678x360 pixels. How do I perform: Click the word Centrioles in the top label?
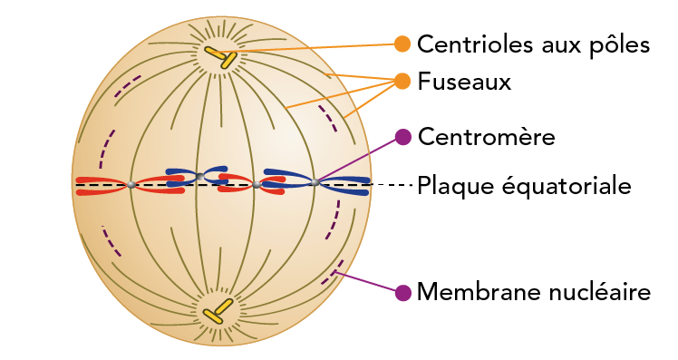click(x=477, y=44)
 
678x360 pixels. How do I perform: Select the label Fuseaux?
click(x=464, y=82)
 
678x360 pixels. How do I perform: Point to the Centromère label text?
click(x=486, y=137)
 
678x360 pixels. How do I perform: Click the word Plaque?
click(x=451, y=186)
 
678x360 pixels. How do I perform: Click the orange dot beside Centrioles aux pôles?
click(x=402, y=44)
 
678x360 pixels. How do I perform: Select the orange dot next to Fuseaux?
click(x=402, y=81)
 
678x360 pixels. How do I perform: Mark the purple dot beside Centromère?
click(x=402, y=137)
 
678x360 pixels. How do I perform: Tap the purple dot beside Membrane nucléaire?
click(x=402, y=292)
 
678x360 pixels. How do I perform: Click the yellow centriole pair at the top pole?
click(x=219, y=56)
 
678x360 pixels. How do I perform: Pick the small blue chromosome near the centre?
click(x=196, y=173)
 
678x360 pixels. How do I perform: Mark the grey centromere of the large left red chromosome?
click(x=131, y=185)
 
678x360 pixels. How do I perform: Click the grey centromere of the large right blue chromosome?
click(x=315, y=182)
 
